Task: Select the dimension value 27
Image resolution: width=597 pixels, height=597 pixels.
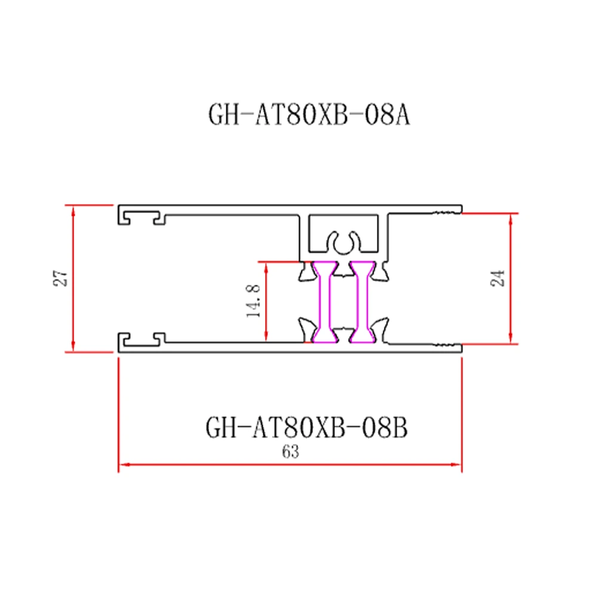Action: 60,279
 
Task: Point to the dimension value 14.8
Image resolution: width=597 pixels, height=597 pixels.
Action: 253,301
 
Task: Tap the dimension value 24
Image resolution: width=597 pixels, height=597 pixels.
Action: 498,278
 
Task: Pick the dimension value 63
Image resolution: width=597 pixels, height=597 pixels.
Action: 290,452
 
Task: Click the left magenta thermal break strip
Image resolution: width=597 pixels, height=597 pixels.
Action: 326,303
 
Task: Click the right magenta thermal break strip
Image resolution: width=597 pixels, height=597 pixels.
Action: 361,303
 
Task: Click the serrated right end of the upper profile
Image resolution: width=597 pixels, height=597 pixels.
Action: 448,210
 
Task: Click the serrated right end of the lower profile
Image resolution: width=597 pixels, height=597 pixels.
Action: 448,346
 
